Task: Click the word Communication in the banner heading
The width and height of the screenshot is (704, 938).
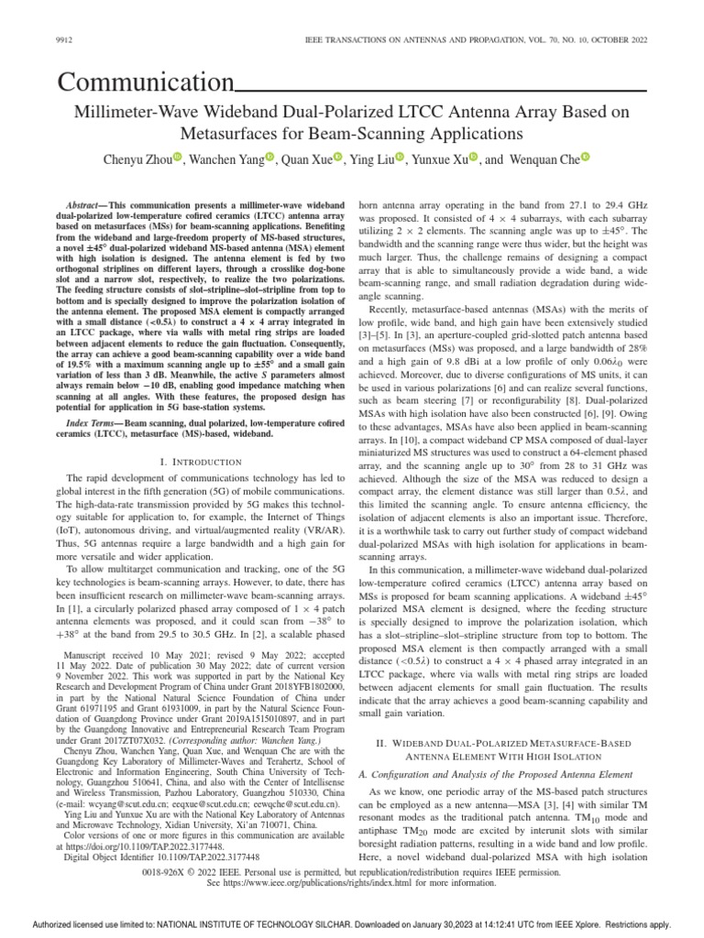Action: tap(144, 84)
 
